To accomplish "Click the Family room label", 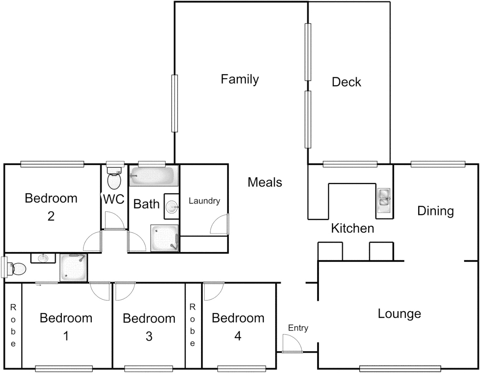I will tap(239, 79).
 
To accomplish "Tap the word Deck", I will tap(346, 82).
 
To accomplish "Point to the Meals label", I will tap(265, 182).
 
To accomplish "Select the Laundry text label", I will tap(204, 201).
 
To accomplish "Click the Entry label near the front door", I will tap(298, 328).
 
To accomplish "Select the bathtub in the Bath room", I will tap(154, 176).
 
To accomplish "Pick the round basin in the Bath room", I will tap(172, 207).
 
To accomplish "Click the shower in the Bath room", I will tap(165, 238).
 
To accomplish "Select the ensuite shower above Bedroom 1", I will tap(74, 268).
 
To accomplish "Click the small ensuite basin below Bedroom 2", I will tap(43, 258).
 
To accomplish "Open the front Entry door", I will tap(292, 344).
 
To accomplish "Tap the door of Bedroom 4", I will tap(213, 291).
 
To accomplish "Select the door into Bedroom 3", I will tap(124, 291).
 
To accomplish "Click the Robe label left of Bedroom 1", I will tap(13, 325).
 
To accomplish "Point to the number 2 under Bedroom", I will tap(51, 216).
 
